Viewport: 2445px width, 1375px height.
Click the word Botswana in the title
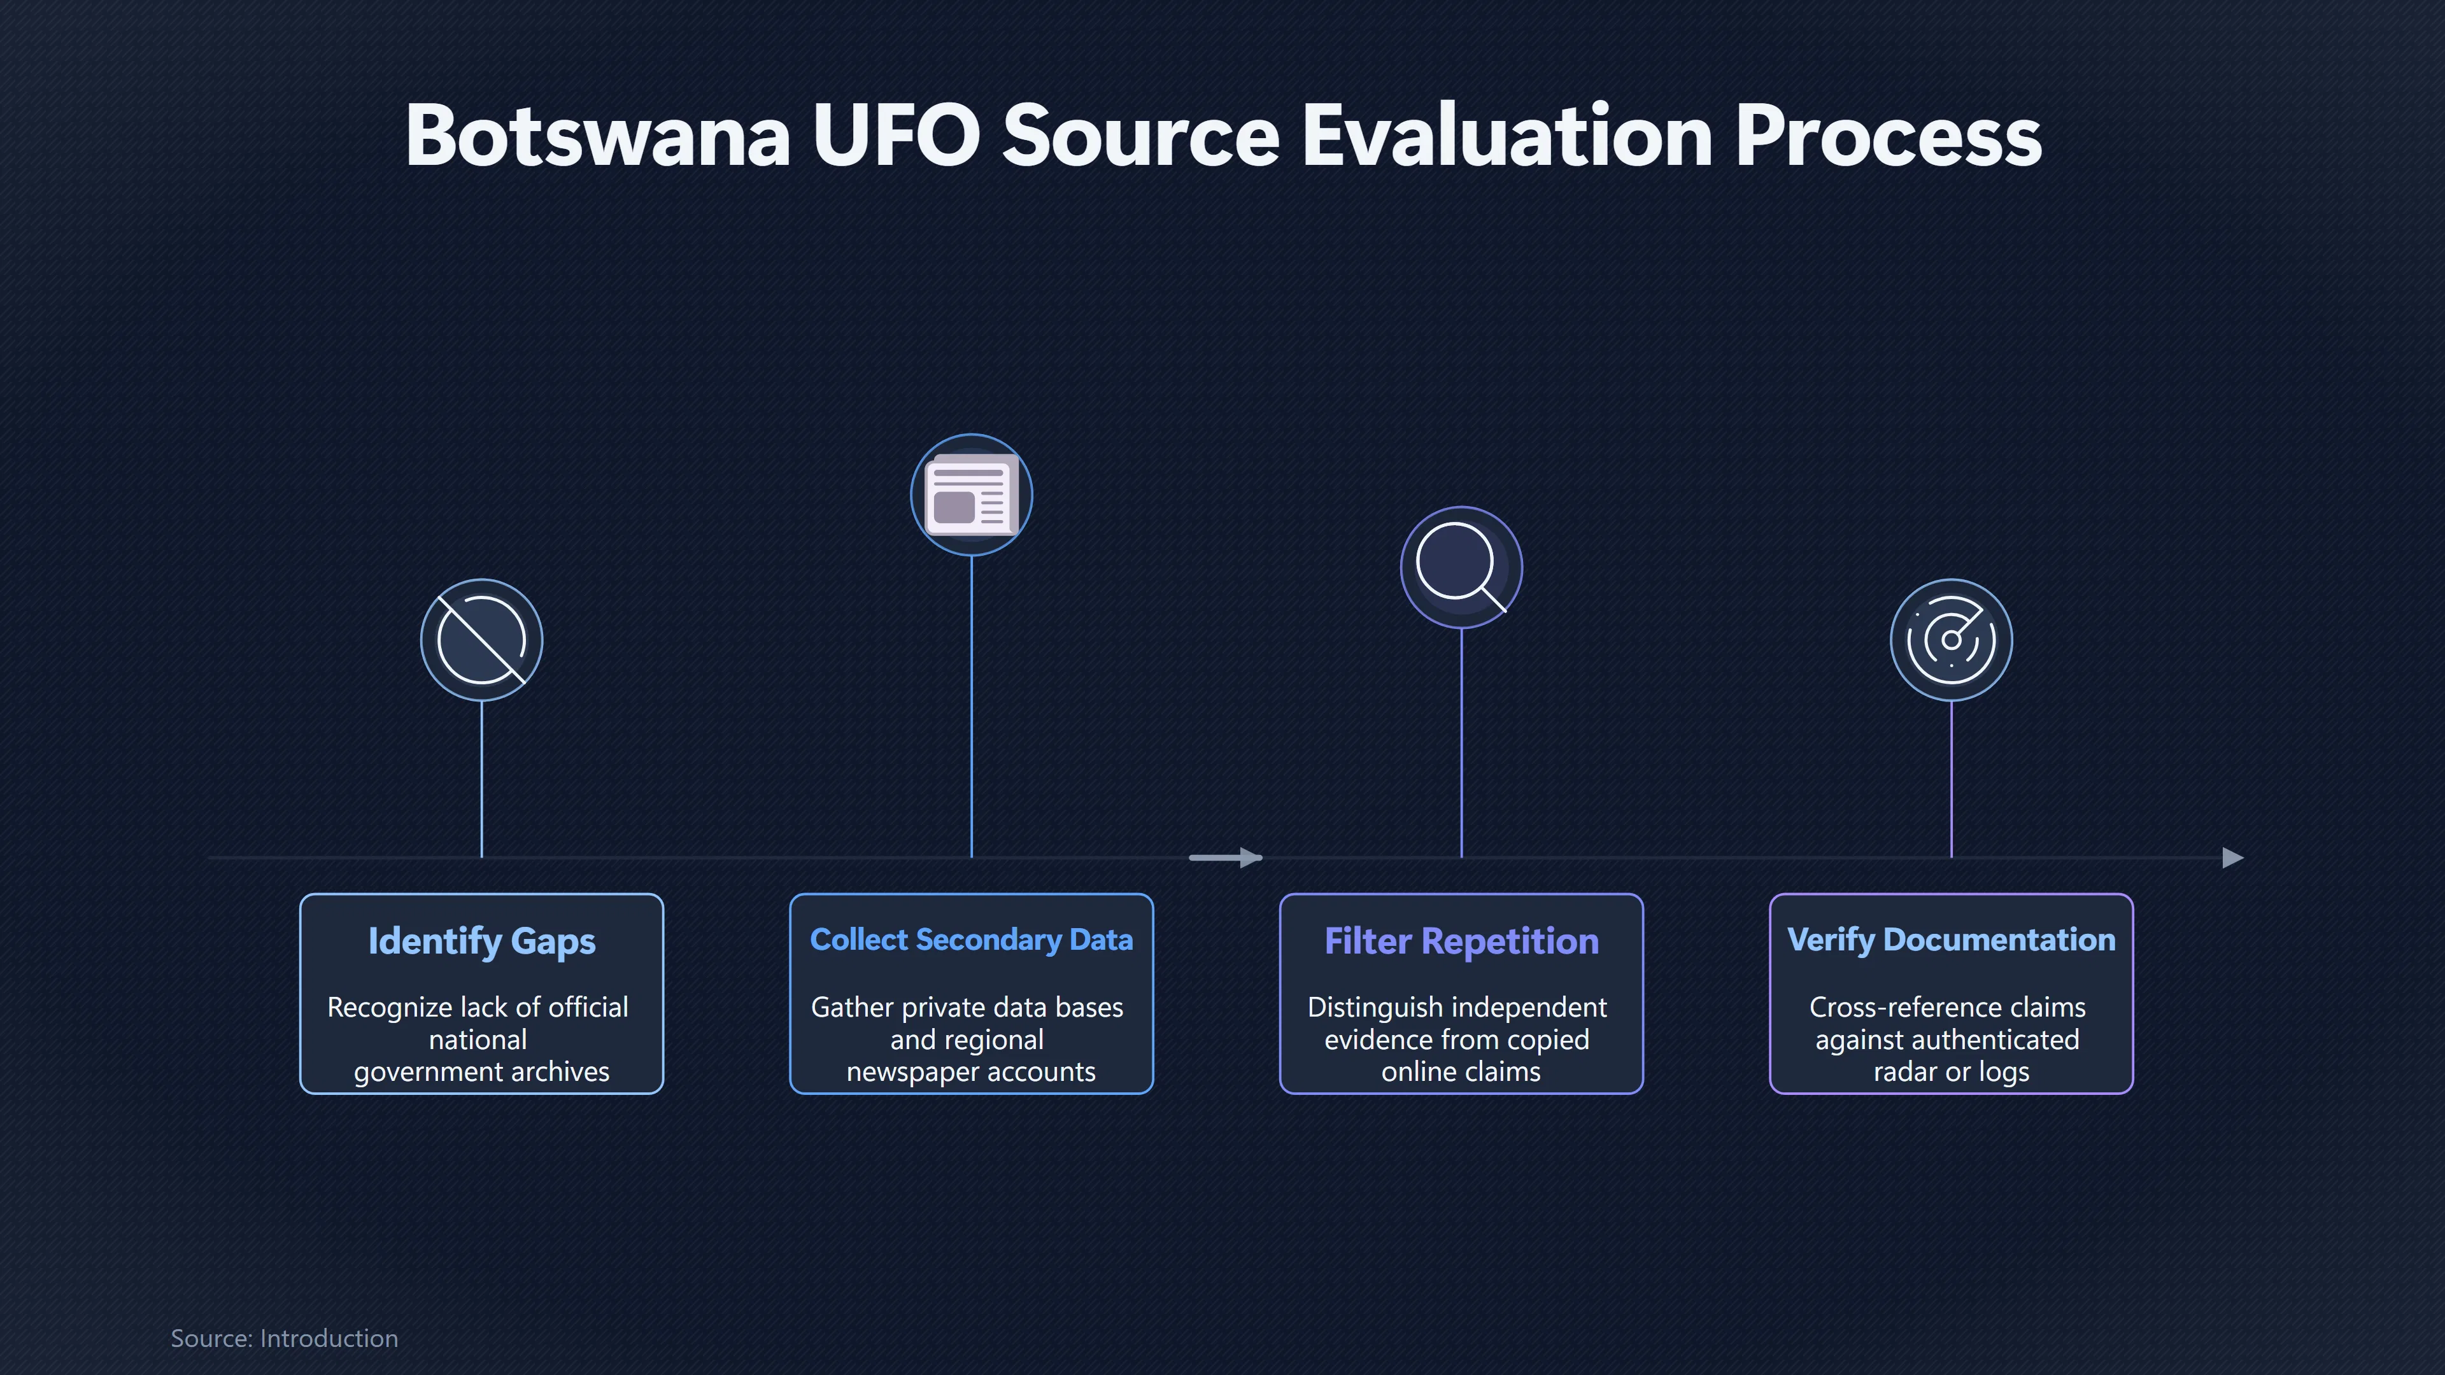(598, 136)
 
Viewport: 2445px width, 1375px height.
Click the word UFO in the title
(896, 136)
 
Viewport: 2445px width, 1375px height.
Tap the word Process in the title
(1889, 136)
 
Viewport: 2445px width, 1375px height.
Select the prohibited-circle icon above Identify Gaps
(481, 640)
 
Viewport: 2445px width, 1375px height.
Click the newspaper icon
(971, 495)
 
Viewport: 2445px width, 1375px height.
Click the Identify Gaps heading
(481, 941)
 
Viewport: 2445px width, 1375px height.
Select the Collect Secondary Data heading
(971, 940)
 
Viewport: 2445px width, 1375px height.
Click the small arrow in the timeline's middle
(1225, 858)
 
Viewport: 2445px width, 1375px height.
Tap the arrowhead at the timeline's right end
(2234, 858)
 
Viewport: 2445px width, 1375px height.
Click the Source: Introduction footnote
(284, 1338)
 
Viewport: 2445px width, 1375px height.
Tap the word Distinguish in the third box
(1373, 1008)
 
